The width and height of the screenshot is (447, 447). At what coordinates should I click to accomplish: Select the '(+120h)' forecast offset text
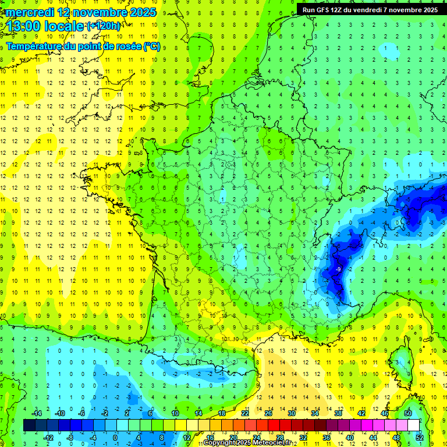(104, 26)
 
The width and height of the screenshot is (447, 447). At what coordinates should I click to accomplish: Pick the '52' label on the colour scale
(419, 438)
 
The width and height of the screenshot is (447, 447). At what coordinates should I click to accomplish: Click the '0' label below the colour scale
(115, 438)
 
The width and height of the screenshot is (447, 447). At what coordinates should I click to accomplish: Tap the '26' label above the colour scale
(268, 413)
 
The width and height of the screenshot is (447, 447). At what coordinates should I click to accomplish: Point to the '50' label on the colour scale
(408, 413)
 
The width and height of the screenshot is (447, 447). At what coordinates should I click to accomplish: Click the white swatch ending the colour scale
(414, 425)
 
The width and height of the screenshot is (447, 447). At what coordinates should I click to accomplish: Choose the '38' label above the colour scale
(338, 413)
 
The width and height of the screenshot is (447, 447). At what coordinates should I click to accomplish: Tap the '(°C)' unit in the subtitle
(152, 47)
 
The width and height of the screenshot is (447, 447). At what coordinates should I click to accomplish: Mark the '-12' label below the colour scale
(48, 438)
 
